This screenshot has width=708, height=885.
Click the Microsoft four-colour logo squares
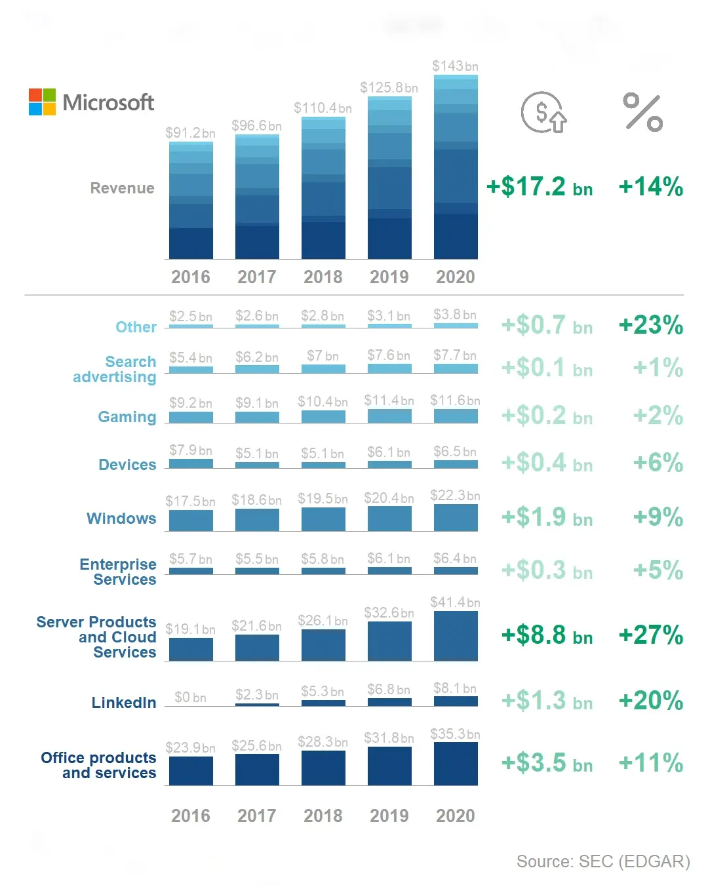[x=42, y=102]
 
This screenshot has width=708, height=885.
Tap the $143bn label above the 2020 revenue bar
[x=455, y=66]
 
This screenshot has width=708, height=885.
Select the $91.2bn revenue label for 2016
[x=190, y=132]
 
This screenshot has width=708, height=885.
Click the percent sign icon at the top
[x=642, y=112]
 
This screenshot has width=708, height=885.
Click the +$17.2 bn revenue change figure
[x=539, y=187]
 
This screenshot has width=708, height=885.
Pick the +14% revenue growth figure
[x=650, y=187]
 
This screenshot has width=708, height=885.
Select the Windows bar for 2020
[x=456, y=517]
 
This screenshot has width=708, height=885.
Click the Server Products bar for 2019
[x=389, y=640]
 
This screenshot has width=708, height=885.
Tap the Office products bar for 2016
[x=191, y=770]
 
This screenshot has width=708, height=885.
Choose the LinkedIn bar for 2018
[x=323, y=703]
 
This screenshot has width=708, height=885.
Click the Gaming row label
[x=127, y=417]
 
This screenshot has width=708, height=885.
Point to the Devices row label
[x=127, y=465]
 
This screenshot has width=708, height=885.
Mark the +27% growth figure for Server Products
[x=650, y=635]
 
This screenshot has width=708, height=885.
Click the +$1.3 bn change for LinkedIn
[x=547, y=701]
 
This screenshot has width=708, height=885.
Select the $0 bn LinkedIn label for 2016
[x=190, y=698]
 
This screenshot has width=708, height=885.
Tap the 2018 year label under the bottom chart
[x=323, y=816]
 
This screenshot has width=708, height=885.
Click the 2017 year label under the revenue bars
[x=257, y=277]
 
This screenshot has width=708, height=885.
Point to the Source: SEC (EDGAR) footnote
[x=602, y=861]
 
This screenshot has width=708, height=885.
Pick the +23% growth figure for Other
[x=650, y=325]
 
